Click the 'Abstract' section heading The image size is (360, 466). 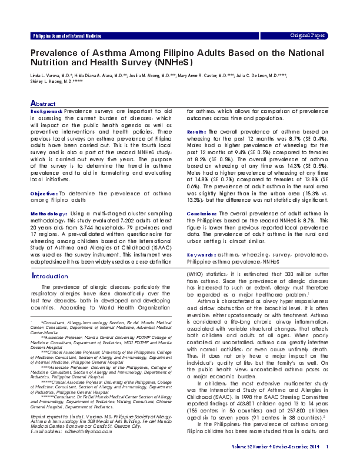[x=43, y=103]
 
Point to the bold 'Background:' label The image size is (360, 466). [x=46, y=111]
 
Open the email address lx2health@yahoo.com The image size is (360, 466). [x=76, y=431]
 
